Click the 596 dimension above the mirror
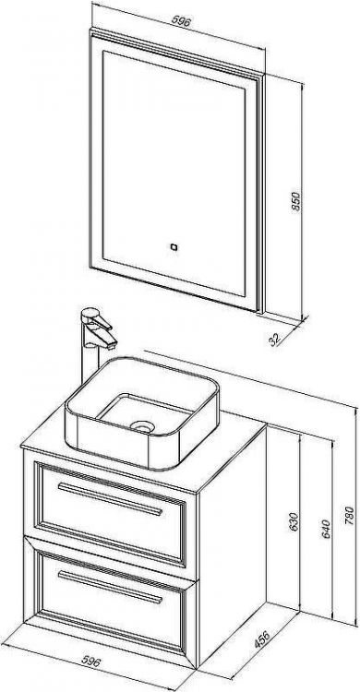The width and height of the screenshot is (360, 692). [x=181, y=21]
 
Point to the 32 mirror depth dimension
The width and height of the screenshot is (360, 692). [x=275, y=339]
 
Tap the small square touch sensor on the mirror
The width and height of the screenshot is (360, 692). [x=174, y=247]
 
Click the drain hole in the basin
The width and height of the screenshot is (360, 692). [x=142, y=426]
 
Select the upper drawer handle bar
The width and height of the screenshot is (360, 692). [x=110, y=499]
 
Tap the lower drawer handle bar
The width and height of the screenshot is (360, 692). [x=110, y=587]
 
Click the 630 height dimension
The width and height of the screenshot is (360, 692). [x=294, y=521]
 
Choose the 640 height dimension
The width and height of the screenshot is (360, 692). [x=326, y=529]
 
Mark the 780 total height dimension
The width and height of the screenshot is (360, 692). [x=349, y=515]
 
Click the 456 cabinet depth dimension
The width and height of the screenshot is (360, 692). [x=262, y=639]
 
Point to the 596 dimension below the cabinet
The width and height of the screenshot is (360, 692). [x=92, y=662]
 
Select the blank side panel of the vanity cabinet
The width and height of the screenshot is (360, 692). [x=233, y=542]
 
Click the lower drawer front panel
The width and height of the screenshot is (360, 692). [x=111, y=601]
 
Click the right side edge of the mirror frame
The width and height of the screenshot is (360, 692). [x=261, y=194]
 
